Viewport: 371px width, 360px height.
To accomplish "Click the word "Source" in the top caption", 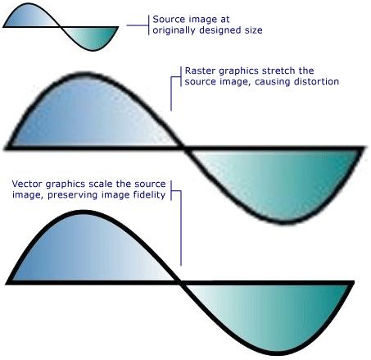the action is point(165,20).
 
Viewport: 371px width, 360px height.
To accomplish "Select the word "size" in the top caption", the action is point(253,30).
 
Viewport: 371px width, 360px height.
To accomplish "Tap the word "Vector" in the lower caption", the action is point(27,184).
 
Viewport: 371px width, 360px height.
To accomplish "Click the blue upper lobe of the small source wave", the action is point(30,17).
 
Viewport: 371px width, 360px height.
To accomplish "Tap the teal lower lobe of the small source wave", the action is point(92,38).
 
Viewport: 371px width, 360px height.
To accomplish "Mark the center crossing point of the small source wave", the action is point(61,27).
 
